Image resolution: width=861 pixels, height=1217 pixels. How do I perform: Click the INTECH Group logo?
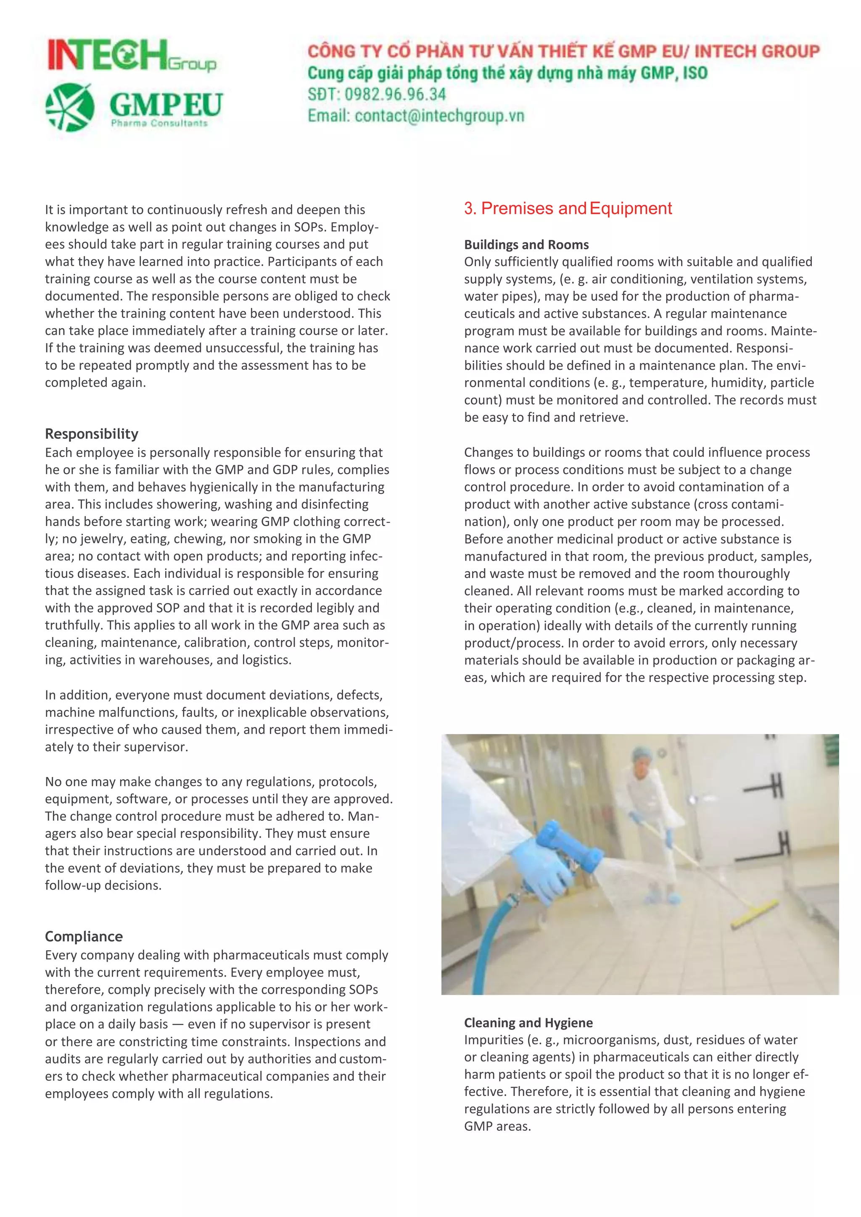[132, 55]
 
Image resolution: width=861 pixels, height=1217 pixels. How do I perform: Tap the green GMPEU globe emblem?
[70, 107]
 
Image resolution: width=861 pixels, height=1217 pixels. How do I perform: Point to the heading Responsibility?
[91, 434]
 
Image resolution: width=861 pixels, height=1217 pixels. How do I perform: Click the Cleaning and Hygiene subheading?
[528, 1022]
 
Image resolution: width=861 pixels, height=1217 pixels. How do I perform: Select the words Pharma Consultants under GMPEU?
[159, 124]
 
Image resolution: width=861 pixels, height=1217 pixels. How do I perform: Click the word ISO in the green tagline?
[695, 73]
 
